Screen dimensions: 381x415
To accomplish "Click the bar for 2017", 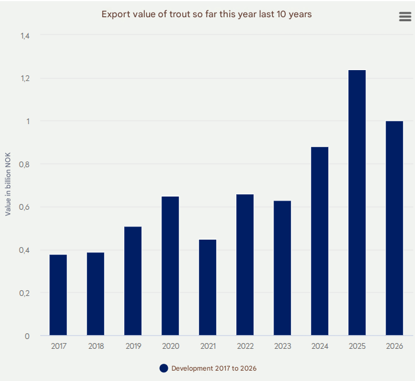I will click(x=58, y=295).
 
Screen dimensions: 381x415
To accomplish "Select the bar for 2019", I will click(x=133, y=281).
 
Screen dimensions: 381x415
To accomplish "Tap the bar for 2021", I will click(x=207, y=287).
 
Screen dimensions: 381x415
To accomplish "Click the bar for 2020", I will click(x=170, y=266).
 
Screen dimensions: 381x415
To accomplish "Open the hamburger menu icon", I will click(x=405, y=17).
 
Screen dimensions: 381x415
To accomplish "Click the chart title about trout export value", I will click(x=207, y=14).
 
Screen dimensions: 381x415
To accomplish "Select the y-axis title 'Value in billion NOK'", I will click(x=8, y=186).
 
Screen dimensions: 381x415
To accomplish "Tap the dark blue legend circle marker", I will click(x=164, y=368).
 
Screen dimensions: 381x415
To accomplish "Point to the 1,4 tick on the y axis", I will click(x=25, y=36).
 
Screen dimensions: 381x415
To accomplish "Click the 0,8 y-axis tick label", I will click(x=25, y=164).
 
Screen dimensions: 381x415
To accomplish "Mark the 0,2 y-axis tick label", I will click(x=25, y=293).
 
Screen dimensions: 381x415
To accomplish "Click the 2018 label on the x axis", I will click(x=95, y=346).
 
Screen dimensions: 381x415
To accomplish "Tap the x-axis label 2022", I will click(x=245, y=346).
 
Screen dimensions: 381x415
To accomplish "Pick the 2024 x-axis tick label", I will click(x=320, y=346).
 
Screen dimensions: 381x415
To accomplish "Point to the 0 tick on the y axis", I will click(x=28, y=336).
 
